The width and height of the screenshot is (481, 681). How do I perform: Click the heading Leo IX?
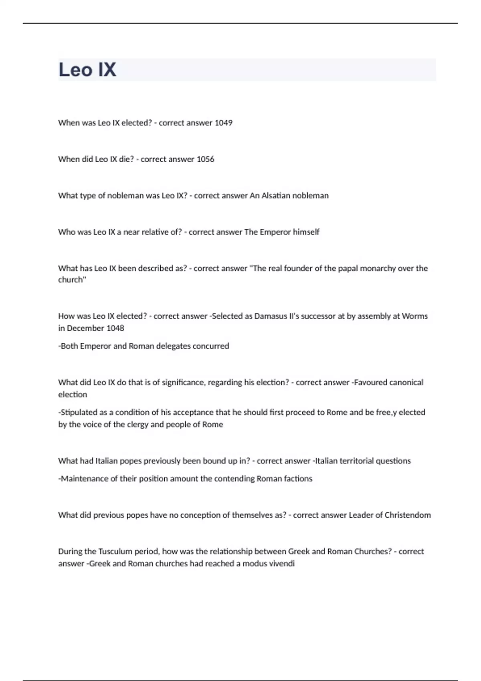click(x=87, y=70)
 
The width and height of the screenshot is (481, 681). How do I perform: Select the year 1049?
click(x=223, y=123)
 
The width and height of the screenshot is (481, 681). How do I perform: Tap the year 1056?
click(x=205, y=159)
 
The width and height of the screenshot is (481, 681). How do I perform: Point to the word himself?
click(x=306, y=232)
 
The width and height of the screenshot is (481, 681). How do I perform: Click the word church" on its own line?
click(x=72, y=280)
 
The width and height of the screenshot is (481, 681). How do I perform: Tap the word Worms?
click(x=415, y=316)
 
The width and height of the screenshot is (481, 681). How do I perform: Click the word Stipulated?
click(x=78, y=412)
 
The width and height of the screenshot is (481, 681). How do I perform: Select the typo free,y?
click(x=386, y=412)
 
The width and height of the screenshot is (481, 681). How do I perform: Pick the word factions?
click(x=298, y=479)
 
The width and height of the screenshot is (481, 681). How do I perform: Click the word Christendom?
click(x=408, y=515)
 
